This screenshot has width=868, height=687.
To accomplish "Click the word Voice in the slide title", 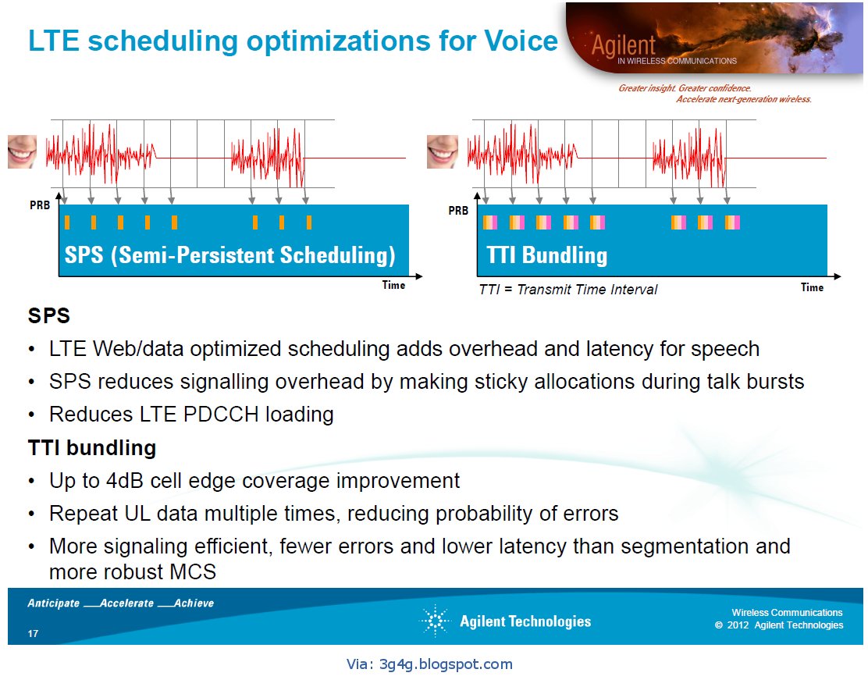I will point(519,41).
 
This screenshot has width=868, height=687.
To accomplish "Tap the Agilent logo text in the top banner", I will point(623,46).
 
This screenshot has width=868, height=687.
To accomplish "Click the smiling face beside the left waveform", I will point(23,151).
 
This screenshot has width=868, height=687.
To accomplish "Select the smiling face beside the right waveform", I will point(442,151).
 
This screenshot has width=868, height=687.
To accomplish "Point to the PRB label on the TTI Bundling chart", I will point(458,211).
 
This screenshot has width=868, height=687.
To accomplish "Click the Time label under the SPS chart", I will point(393,285).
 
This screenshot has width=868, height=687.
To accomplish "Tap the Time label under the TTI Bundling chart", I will point(812,287).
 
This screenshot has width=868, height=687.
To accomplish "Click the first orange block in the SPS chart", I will point(67,222).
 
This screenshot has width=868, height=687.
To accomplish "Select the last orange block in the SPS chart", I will point(309,222).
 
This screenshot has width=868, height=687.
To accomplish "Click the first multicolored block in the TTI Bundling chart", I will point(489,222).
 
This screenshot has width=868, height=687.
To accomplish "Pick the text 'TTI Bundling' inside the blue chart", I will point(546,255).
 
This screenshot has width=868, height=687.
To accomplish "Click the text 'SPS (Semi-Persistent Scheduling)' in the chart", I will point(230,255).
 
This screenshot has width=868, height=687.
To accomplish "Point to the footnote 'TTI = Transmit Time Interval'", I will point(567,290).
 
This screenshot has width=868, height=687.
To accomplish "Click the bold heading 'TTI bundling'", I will point(92,447).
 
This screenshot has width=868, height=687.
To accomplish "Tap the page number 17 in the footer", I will point(33,632).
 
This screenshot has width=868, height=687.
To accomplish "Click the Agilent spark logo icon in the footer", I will point(436,621).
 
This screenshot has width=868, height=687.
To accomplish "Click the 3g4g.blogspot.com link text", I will point(445,664).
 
